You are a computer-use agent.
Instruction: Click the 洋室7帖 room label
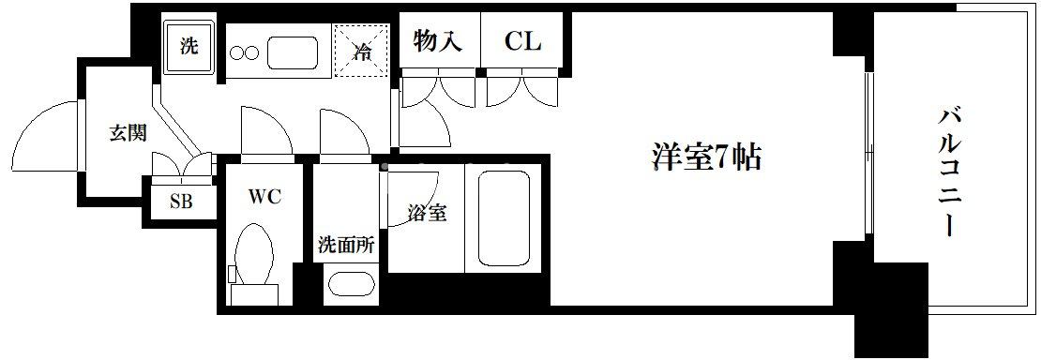point(705,157)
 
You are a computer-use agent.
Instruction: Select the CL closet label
point(522,42)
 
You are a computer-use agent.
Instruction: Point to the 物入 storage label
point(438,42)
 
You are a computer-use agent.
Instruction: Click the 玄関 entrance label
point(127,132)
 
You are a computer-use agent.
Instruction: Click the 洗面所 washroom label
point(346,247)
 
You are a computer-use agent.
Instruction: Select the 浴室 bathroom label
point(426,213)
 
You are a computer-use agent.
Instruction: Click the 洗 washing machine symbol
point(189,47)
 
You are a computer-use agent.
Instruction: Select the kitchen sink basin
point(298,52)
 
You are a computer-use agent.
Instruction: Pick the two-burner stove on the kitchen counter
point(243,53)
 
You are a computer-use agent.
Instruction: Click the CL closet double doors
point(522,89)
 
